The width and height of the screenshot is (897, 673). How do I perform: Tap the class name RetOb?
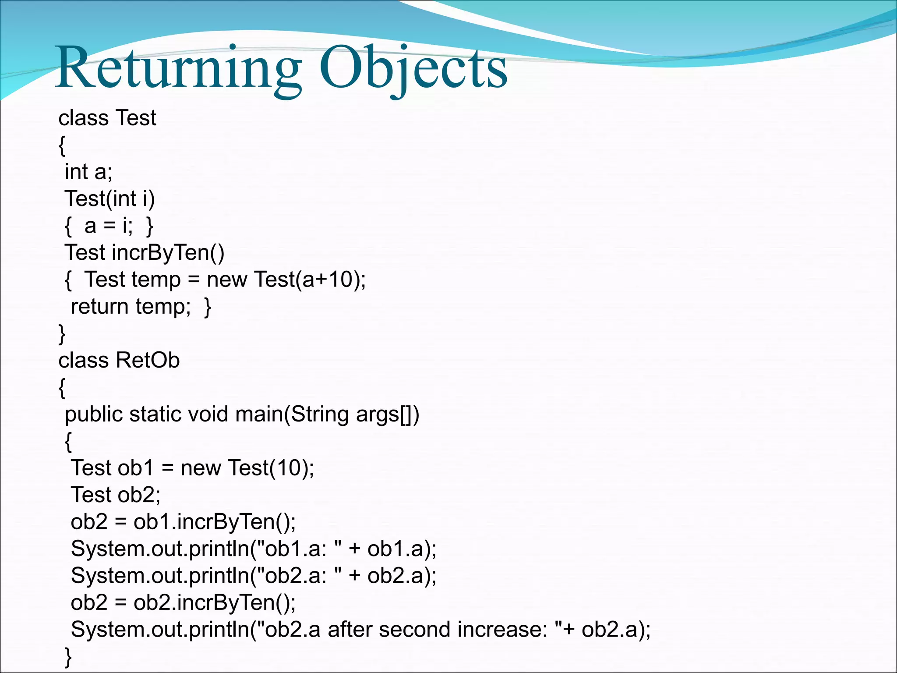(148, 361)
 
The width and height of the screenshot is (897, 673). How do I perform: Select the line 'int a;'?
(88, 171)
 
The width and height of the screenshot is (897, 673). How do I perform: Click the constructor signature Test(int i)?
(109, 198)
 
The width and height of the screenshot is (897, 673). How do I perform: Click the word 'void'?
(208, 414)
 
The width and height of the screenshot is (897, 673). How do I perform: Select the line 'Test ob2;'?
(116, 495)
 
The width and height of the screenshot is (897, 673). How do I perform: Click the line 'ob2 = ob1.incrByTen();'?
(183, 522)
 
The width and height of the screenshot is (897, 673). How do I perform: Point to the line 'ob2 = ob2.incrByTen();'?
(183, 603)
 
